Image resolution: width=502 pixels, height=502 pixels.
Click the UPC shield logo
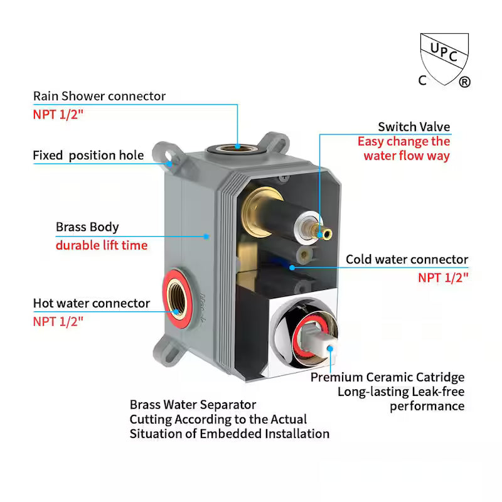[x=444, y=59]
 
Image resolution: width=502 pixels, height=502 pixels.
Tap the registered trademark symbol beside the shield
[x=464, y=82]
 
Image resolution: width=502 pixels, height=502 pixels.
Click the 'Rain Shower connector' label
[x=99, y=96]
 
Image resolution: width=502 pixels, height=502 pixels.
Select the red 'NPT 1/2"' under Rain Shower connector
[x=58, y=115]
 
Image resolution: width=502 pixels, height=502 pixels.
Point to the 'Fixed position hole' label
[x=88, y=155]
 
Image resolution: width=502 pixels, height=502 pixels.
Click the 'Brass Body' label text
[x=87, y=227]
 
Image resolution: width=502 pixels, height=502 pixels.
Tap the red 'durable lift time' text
[x=102, y=245]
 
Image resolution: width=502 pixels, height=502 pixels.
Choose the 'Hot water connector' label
[x=92, y=303]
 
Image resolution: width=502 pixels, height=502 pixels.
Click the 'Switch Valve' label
[x=414, y=127]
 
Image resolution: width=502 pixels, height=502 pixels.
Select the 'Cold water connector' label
[x=407, y=259]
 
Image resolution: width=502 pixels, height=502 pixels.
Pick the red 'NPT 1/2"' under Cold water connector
[x=443, y=277]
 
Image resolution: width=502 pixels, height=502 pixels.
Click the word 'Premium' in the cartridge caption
[x=336, y=377]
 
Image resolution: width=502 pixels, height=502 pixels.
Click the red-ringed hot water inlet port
[x=177, y=299]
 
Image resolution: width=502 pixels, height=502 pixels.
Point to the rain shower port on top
[x=237, y=149]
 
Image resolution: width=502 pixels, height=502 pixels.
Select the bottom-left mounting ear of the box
[x=168, y=351]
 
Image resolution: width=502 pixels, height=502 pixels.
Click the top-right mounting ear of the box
[x=274, y=143]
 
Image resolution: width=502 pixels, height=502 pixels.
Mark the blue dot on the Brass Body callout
[x=206, y=237]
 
